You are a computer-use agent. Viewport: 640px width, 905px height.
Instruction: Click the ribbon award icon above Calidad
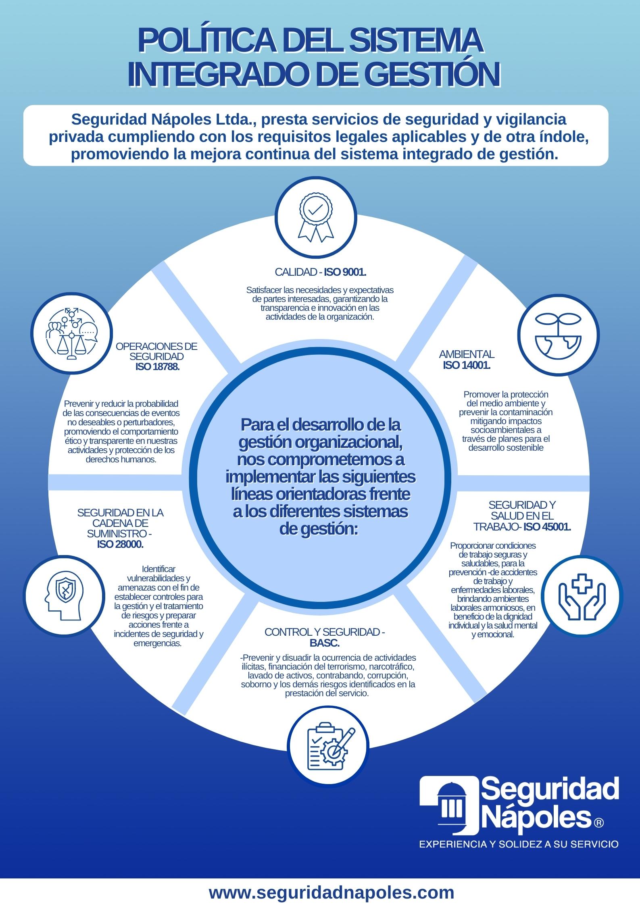pyautogui.click(x=317, y=218)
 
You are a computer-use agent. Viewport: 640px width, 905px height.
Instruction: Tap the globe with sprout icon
pyautogui.click(x=558, y=335)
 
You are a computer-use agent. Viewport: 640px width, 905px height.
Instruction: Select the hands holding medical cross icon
pyautogui.click(x=582, y=595)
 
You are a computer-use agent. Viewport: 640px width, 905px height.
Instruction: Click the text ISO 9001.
pyautogui.click(x=345, y=272)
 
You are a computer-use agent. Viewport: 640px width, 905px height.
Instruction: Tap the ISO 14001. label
pyautogui.click(x=467, y=366)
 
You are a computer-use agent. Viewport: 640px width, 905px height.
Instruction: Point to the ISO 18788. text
pyautogui.click(x=156, y=367)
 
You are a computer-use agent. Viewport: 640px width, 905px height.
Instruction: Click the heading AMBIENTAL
pyautogui.click(x=467, y=355)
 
